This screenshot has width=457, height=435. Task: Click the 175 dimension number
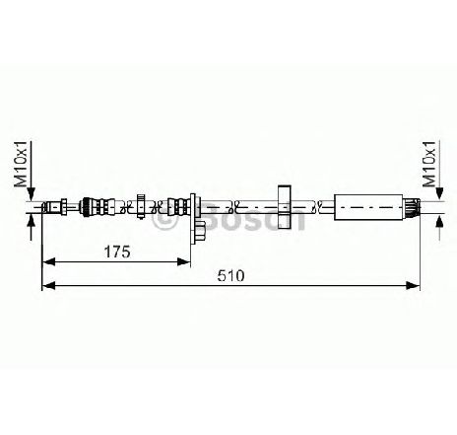[x=117, y=253]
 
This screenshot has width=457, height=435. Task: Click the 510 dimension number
[x=231, y=276]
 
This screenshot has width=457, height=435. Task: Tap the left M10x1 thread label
[x=21, y=165]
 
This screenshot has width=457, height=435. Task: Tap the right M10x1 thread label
[x=429, y=164]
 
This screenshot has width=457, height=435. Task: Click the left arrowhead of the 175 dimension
[x=48, y=261]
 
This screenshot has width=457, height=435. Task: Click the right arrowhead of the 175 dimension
[x=184, y=261]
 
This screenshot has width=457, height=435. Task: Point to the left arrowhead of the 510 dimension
[x=49, y=285]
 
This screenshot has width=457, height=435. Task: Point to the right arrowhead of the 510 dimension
[x=413, y=285]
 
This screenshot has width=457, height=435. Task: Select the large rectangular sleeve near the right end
[x=368, y=207]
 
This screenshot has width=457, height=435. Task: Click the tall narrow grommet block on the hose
[x=285, y=207]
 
